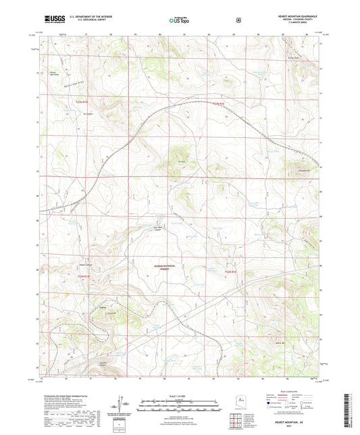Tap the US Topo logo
179,20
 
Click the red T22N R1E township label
220,103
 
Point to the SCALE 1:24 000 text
179,394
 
